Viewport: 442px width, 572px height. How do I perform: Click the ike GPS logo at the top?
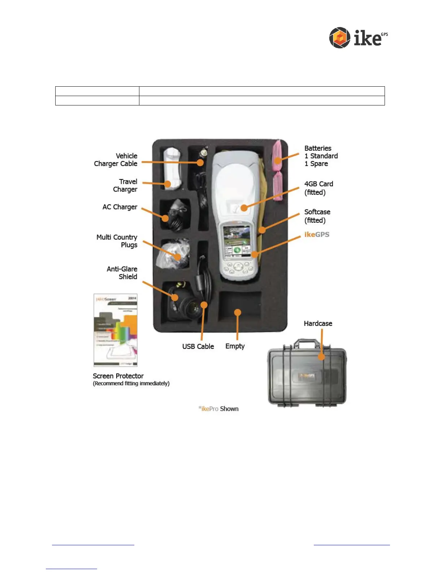pos(358,38)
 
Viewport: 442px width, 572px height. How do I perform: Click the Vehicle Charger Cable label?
pos(116,160)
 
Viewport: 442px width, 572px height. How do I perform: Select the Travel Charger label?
pos(125,185)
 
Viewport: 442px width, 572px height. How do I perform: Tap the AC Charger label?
pos(120,207)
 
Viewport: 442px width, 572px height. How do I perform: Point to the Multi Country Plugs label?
pos(117,241)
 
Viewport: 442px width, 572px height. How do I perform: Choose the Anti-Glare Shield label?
pos(122,273)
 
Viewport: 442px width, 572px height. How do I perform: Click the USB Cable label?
pos(198,346)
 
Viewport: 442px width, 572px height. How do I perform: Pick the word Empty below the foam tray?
pos(235,346)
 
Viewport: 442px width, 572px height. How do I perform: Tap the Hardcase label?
pos(318,324)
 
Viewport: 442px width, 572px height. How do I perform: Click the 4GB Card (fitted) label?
pos(318,188)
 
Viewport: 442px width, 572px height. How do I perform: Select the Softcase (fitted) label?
pos(317,216)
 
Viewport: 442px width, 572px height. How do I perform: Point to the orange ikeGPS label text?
pos(317,234)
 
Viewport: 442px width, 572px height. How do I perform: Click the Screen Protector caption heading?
pos(118,376)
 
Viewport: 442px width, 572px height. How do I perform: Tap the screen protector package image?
pos(116,330)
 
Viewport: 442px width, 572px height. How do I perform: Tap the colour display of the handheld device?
pos(237,241)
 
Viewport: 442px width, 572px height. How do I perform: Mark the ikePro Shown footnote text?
pos(218,409)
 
